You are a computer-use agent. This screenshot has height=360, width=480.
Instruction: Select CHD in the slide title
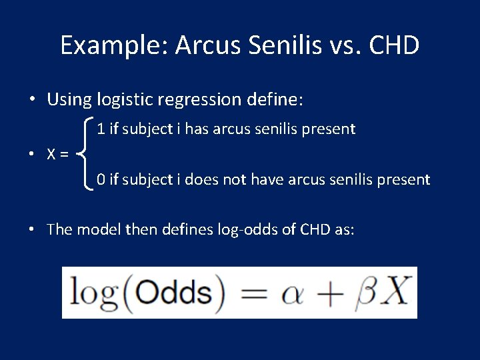393,45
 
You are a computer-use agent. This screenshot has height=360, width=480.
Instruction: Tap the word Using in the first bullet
69,100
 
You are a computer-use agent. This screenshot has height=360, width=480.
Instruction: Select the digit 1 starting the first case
100,129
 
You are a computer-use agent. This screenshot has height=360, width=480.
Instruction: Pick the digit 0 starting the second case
101,179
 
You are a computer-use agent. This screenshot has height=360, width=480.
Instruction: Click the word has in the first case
197,129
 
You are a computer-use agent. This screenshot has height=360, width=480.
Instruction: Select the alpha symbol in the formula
293,293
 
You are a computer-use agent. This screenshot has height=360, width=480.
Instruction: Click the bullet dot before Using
32,101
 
